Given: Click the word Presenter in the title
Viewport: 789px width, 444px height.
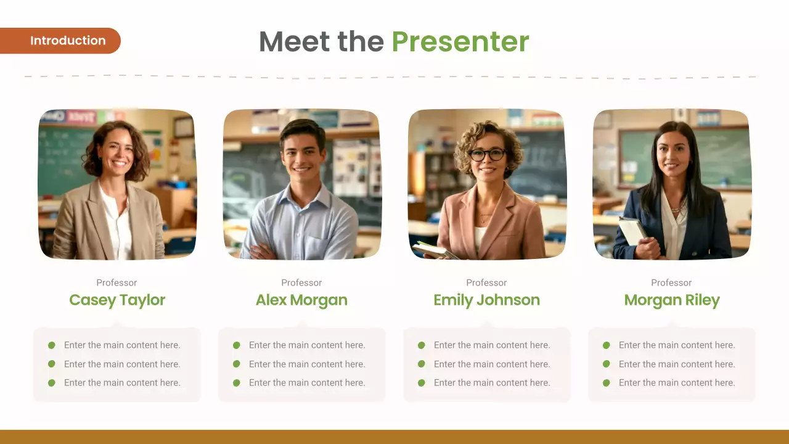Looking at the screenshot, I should pyautogui.click(x=460, y=41).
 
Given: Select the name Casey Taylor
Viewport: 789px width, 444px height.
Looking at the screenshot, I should pyautogui.click(x=117, y=300).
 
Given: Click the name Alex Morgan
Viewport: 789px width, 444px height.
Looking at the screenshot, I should pyautogui.click(x=301, y=300).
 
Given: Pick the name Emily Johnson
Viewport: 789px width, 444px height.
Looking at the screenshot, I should pyautogui.click(x=486, y=300).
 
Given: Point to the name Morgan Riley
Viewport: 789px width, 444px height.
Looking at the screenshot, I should pyautogui.click(x=672, y=300).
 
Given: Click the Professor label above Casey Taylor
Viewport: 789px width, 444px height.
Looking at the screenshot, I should pyautogui.click(x=117, y=282).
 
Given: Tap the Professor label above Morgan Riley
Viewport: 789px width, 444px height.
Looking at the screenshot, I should pyautogui.click(x=671, y=282).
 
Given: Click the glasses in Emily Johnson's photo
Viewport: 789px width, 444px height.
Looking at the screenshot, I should pyautogui.click(x=487, y=154).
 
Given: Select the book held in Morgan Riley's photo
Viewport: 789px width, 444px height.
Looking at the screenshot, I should pyautogui.click(x=632, y=231).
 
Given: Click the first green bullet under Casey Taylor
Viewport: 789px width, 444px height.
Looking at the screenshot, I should pyautogui.click(x=52, y=345).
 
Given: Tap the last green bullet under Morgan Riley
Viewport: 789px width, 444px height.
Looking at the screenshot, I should pyautogui.click(x=607, y=383).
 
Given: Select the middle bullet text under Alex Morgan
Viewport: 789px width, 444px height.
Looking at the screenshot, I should pyautogui.click(x=307, y=364).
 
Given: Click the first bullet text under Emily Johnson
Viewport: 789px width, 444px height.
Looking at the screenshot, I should pyautogui.click(x=492, y=345).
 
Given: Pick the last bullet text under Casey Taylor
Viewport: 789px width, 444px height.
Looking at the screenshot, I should pyautogui.click(x=122, y=383).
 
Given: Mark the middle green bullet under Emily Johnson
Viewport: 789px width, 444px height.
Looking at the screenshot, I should pyautogui.click(x=422, y=364).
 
